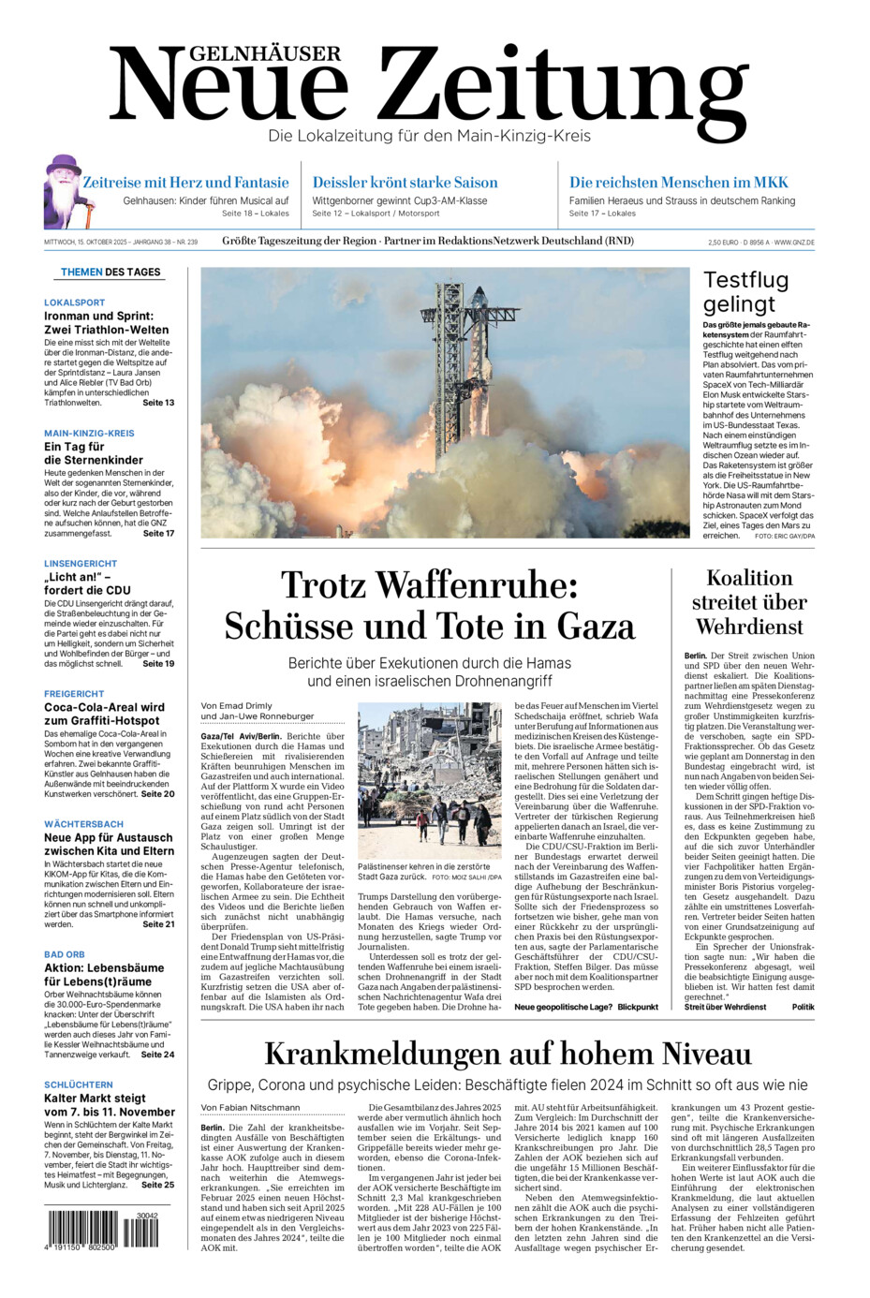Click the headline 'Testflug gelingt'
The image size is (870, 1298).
coord(746,292)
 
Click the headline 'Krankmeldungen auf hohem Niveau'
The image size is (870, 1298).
coord(508,1055)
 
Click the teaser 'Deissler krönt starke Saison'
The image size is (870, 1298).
coord(405,183)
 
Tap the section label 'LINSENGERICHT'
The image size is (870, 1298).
coord(81,564)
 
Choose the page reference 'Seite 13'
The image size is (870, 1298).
coord(158,403)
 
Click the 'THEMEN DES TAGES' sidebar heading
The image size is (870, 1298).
coord(111,273)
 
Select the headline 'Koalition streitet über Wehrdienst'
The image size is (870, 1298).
coord(749,602)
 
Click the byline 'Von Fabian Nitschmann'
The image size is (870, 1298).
coord(250,1108)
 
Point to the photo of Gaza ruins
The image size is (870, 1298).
coord(429,781)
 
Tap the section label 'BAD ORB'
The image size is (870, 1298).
coord(65,954)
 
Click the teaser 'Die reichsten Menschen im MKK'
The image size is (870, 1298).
coord(679,183)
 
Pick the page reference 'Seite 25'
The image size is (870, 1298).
coord(157,1185)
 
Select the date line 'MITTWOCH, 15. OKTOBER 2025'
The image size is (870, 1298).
coord(88,243)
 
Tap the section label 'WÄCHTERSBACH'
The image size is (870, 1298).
coord(83,824)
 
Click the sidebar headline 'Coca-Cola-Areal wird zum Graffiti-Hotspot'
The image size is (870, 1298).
coord(104,714)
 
